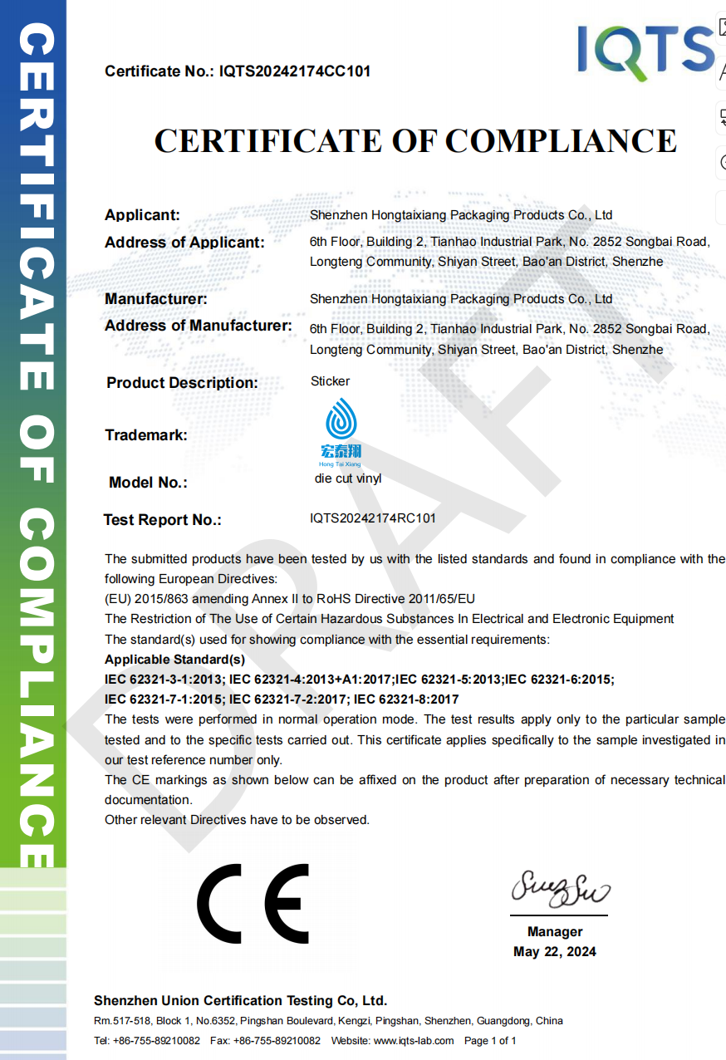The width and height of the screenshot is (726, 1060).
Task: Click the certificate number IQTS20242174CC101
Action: click(x=295, y=71)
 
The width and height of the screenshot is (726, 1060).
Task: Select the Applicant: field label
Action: click(x=142, y=215)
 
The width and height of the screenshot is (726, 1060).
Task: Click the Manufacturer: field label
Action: click(x=156, y=299)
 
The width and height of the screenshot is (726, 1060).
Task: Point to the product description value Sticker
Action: click(x=330, y=381)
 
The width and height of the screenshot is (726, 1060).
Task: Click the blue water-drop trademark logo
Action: click(x=341, y=420)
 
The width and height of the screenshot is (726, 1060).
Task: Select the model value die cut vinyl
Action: click(x=348, y=479)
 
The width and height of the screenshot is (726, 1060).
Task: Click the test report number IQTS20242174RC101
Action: click(x=373, y=518)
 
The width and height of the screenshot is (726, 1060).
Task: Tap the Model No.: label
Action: click(x=148, y=483)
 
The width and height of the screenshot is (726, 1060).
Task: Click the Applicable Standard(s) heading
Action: click(x=174, y=660)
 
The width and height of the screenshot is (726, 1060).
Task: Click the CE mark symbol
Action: click(x=253, y=904)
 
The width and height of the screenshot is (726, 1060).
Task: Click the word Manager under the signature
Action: click(x=555, y=932)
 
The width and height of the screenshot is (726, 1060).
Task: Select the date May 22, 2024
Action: click(x=555, y=952)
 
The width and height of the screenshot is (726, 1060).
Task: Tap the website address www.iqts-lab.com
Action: click(x=414, y=1041)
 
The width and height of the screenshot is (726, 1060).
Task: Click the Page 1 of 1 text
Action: click(x=490, y=1041)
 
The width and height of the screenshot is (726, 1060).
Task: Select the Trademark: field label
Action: click(x=146, y=435)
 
